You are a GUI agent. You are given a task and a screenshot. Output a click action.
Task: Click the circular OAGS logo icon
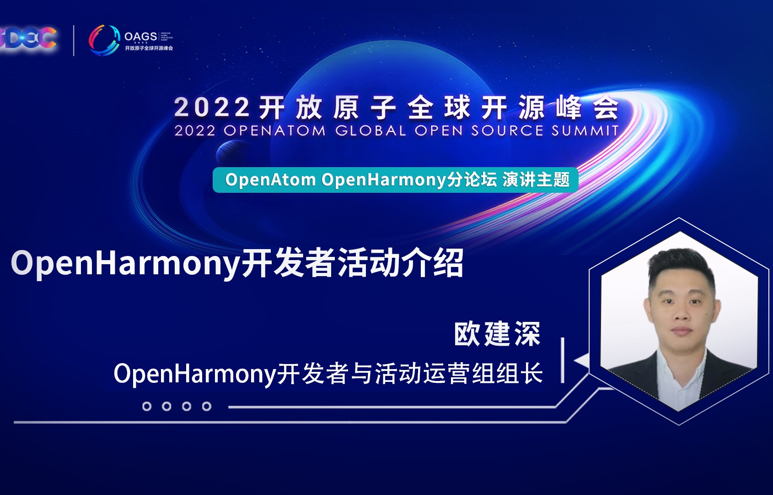(104, 40)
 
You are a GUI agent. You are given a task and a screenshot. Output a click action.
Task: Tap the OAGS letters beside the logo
(140, 36)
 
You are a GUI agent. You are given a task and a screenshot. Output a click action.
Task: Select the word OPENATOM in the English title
(274, 131)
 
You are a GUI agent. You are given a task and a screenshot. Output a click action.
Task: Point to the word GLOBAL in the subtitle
(370, 131)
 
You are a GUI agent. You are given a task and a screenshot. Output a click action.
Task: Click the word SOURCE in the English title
(507, 131)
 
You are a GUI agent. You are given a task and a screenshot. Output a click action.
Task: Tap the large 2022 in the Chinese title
(211, 108)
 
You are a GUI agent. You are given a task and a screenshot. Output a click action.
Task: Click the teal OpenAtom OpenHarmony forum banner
(396, 180)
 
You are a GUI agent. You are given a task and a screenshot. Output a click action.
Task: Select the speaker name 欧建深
(497, 334)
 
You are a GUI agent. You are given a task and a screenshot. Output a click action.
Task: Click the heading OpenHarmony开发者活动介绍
(237, 263)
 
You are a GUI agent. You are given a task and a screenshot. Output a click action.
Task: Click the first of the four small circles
(147, 406)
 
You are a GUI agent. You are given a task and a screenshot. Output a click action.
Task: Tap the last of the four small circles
(207, 406)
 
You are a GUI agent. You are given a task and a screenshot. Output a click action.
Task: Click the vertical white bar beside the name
(562, 360)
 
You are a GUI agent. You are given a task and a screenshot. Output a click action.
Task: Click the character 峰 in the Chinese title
(569, 108)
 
